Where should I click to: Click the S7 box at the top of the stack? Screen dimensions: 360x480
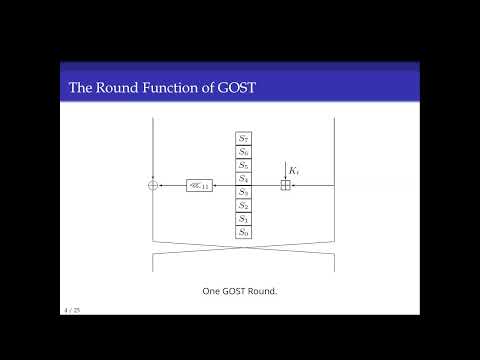(242, 137)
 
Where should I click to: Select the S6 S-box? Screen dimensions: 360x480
(242, 151)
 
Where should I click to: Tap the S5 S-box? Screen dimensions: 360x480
(242, 164)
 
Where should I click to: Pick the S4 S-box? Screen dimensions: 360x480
(242, 178)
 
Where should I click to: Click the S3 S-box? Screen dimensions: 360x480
(242, 191)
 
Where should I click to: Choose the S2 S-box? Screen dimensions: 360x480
(242, 205)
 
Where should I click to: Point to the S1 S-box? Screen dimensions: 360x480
(242, 218)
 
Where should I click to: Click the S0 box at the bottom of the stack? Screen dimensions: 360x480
(242, 232)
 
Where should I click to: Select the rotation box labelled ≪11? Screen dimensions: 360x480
(199, 185)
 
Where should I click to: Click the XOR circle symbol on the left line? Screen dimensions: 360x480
(153, 185)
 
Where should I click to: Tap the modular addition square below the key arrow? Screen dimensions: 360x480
(285, 185)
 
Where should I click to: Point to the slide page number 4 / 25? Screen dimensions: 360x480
(70, 311)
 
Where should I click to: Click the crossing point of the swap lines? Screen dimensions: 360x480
(242, 255)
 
